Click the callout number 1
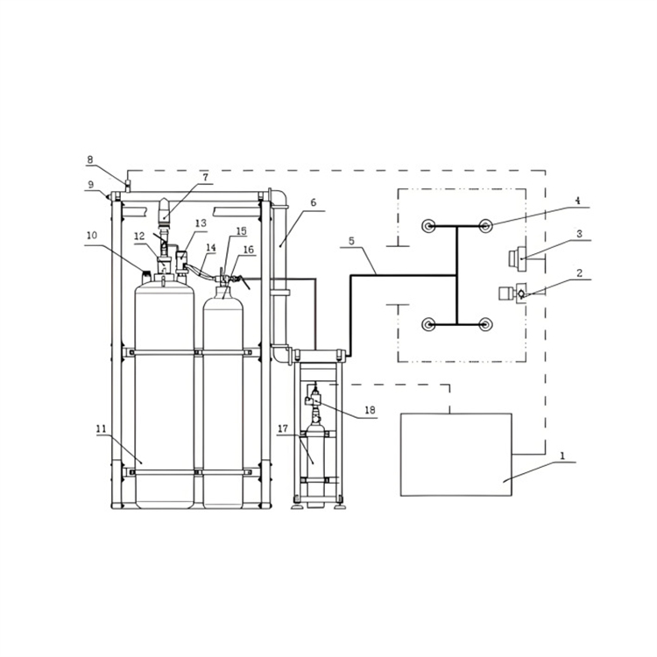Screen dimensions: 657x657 (562, 456)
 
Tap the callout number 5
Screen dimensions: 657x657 (351, 241)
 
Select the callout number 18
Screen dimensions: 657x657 (370, 410)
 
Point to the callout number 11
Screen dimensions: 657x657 (102, 428)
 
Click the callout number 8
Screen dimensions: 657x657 (90, 159)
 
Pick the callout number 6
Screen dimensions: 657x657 (313, 202)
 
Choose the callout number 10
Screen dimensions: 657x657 (91, 236)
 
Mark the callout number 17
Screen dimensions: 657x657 (283, 428)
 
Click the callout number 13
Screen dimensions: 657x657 (201, 223)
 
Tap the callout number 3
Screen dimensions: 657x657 (580, 234)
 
